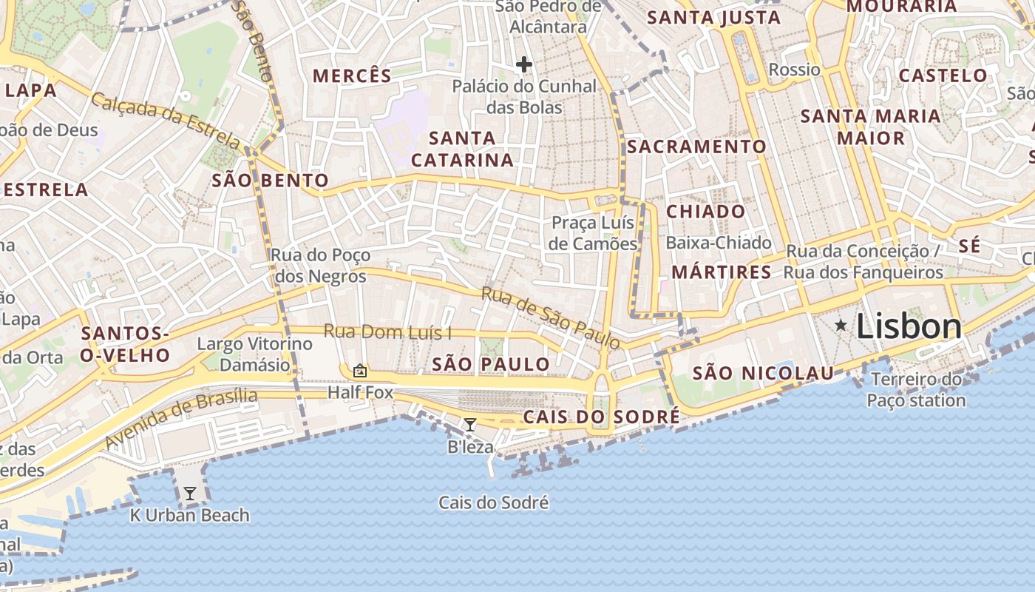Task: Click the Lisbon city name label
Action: (x=909, y=327)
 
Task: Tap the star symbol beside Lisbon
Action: (x=841, y=325)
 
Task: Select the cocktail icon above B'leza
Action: (x=469, y=425)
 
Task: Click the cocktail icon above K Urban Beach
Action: (x=190, y=493)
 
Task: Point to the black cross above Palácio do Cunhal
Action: (x=524, y=65)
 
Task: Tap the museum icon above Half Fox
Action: (x=360, y=371)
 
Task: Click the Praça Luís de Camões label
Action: (x=594, y=233)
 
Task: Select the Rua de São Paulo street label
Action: (x=550, y=317)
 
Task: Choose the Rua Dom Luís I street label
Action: (x=387, y=332)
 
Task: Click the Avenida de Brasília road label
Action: (x=181, y=418)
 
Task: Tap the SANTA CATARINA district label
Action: (x=462, y=149)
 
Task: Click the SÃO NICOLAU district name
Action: (x=763, y=374)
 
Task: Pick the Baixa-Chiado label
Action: (x=718, y=243)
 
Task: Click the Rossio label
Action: (x=794, y=70)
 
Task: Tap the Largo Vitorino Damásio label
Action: (x=255, y=354)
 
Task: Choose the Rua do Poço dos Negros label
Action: (x=320, y=266)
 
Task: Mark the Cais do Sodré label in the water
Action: (x=493, y=503)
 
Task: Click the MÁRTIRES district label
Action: (x=721, y=272)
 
